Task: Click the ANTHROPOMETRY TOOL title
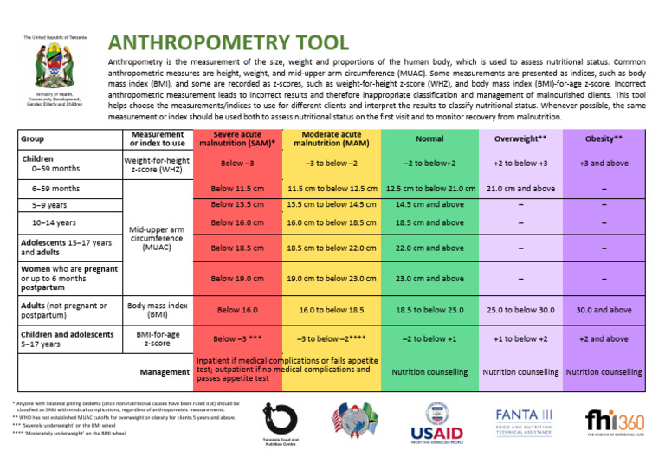229,42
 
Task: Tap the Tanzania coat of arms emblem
53,66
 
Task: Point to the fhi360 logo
616,422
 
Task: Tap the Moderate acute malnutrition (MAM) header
332,139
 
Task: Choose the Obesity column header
604,138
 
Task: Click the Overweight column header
520,138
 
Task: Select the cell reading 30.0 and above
604,309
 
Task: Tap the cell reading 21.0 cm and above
520,189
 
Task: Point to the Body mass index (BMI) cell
158,309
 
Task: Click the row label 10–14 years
55,222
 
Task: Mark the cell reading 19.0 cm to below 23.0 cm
332,279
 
